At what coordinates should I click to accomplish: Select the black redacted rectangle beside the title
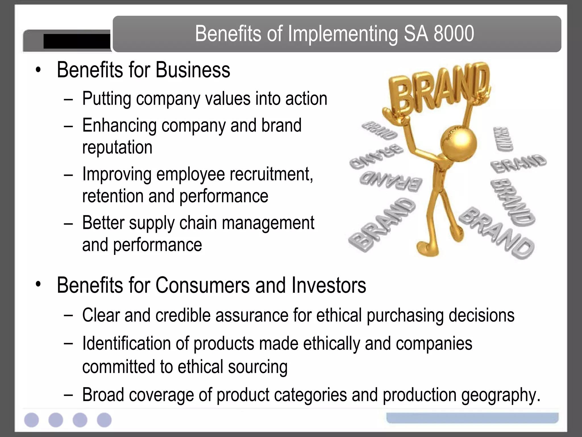(77, 41)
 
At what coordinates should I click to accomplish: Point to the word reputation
(117, 147)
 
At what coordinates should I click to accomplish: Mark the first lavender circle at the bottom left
(31, 420)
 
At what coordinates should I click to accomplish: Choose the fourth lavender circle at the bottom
(104, 420)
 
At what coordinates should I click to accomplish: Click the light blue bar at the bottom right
(472, 418)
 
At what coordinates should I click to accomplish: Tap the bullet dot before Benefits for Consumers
(38, 284)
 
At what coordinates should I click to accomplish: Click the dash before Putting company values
(68, 100)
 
